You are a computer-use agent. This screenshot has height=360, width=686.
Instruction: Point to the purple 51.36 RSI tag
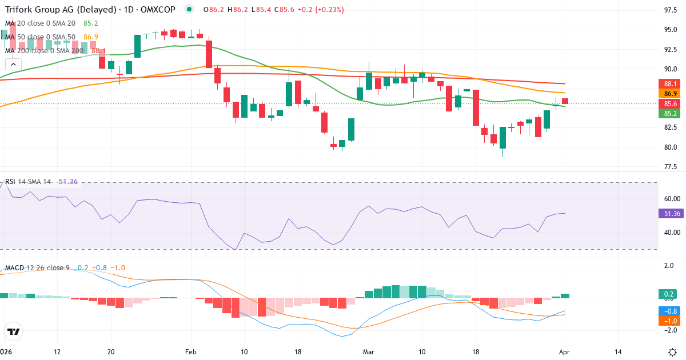[669, 213]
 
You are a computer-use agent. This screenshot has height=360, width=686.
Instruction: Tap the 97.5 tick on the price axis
[671, 10]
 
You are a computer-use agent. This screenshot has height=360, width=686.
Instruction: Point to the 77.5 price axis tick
[671, 167]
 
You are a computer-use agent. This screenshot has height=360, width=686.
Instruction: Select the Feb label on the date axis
[191, 351]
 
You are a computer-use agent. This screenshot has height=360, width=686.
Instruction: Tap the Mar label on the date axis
[369, 351]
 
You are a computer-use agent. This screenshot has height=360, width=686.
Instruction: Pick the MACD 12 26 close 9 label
[37, 267]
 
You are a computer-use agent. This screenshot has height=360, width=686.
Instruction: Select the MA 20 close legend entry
[40, 23]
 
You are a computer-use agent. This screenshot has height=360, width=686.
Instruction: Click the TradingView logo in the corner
[13, 331]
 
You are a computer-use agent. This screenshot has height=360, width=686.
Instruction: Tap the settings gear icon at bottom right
[673, 351]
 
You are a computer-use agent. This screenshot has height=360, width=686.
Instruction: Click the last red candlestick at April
[565, 101]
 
